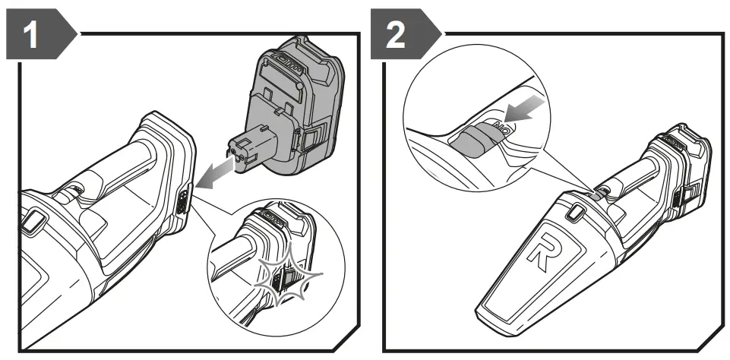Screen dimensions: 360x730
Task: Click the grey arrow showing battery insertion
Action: coord(214,169)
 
